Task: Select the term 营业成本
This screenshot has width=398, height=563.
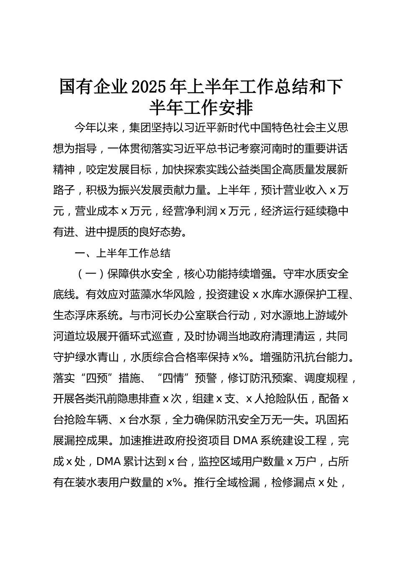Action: [x=97, y=211]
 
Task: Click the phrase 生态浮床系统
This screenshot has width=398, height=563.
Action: [x=85, y=316]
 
